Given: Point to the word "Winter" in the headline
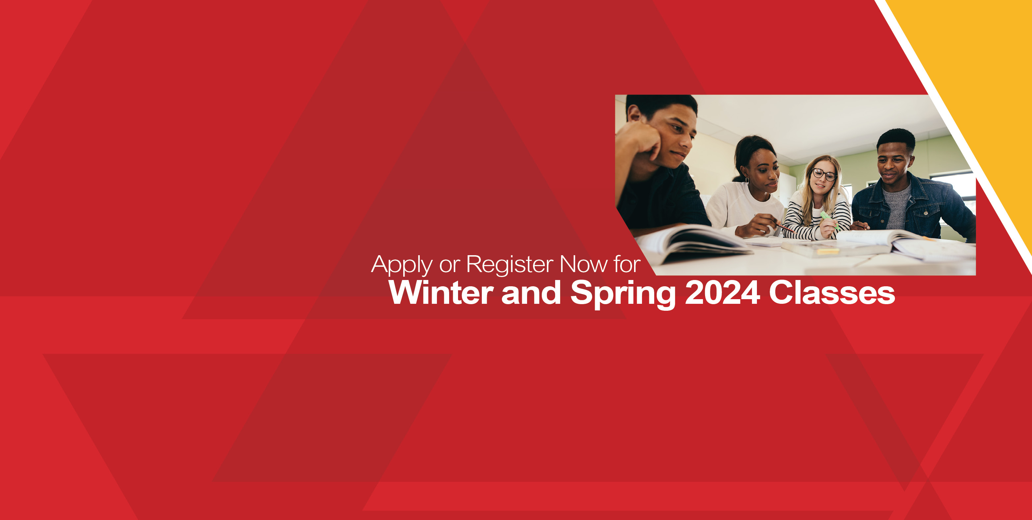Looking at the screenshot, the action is (441, 292).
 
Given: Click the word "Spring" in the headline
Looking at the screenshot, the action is (623, 295).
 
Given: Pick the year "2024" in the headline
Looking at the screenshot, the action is (722, 292).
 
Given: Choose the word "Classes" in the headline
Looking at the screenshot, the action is (832, 292).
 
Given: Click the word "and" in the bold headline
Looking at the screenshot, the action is (531, 292).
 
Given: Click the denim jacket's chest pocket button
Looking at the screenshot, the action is (926, 213).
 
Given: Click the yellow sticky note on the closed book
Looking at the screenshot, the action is (828, 251).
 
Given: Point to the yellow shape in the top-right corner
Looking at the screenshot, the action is (978, 100).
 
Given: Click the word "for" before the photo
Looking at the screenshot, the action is (627, 264).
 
